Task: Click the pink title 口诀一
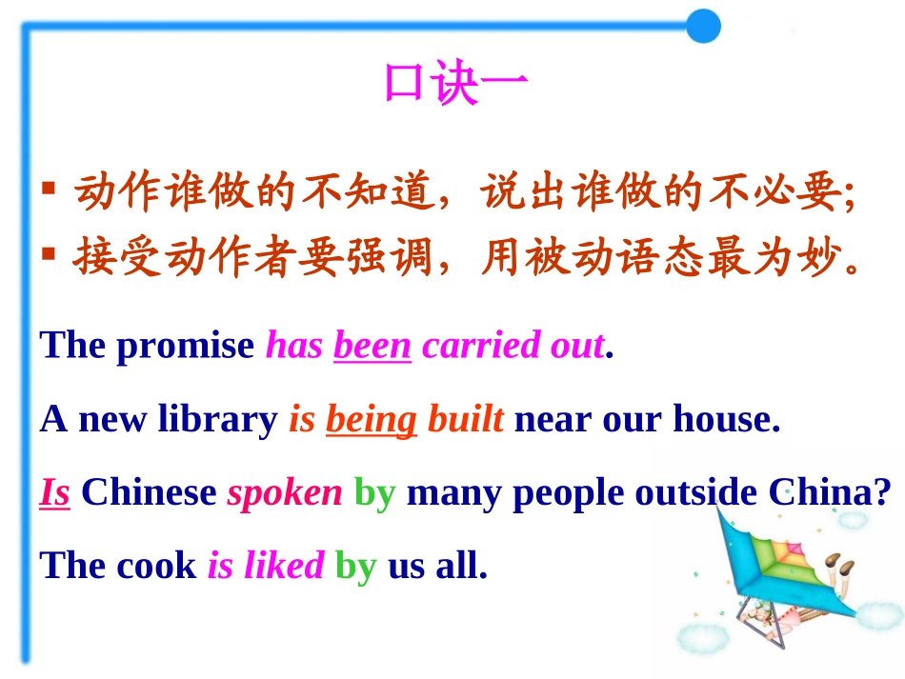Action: [x=455, y=84]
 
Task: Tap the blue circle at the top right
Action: [x=703, y=26]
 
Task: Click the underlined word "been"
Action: [x=372, y=346]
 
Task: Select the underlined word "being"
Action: [x=372, y=419]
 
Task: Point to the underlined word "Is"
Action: [x=54, y=492]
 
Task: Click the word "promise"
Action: [x=186, y=346]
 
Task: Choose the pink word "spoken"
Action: [x=285, y=492]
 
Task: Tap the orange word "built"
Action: [x=465, y=419]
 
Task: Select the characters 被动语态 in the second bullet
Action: [x=614, y=258]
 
